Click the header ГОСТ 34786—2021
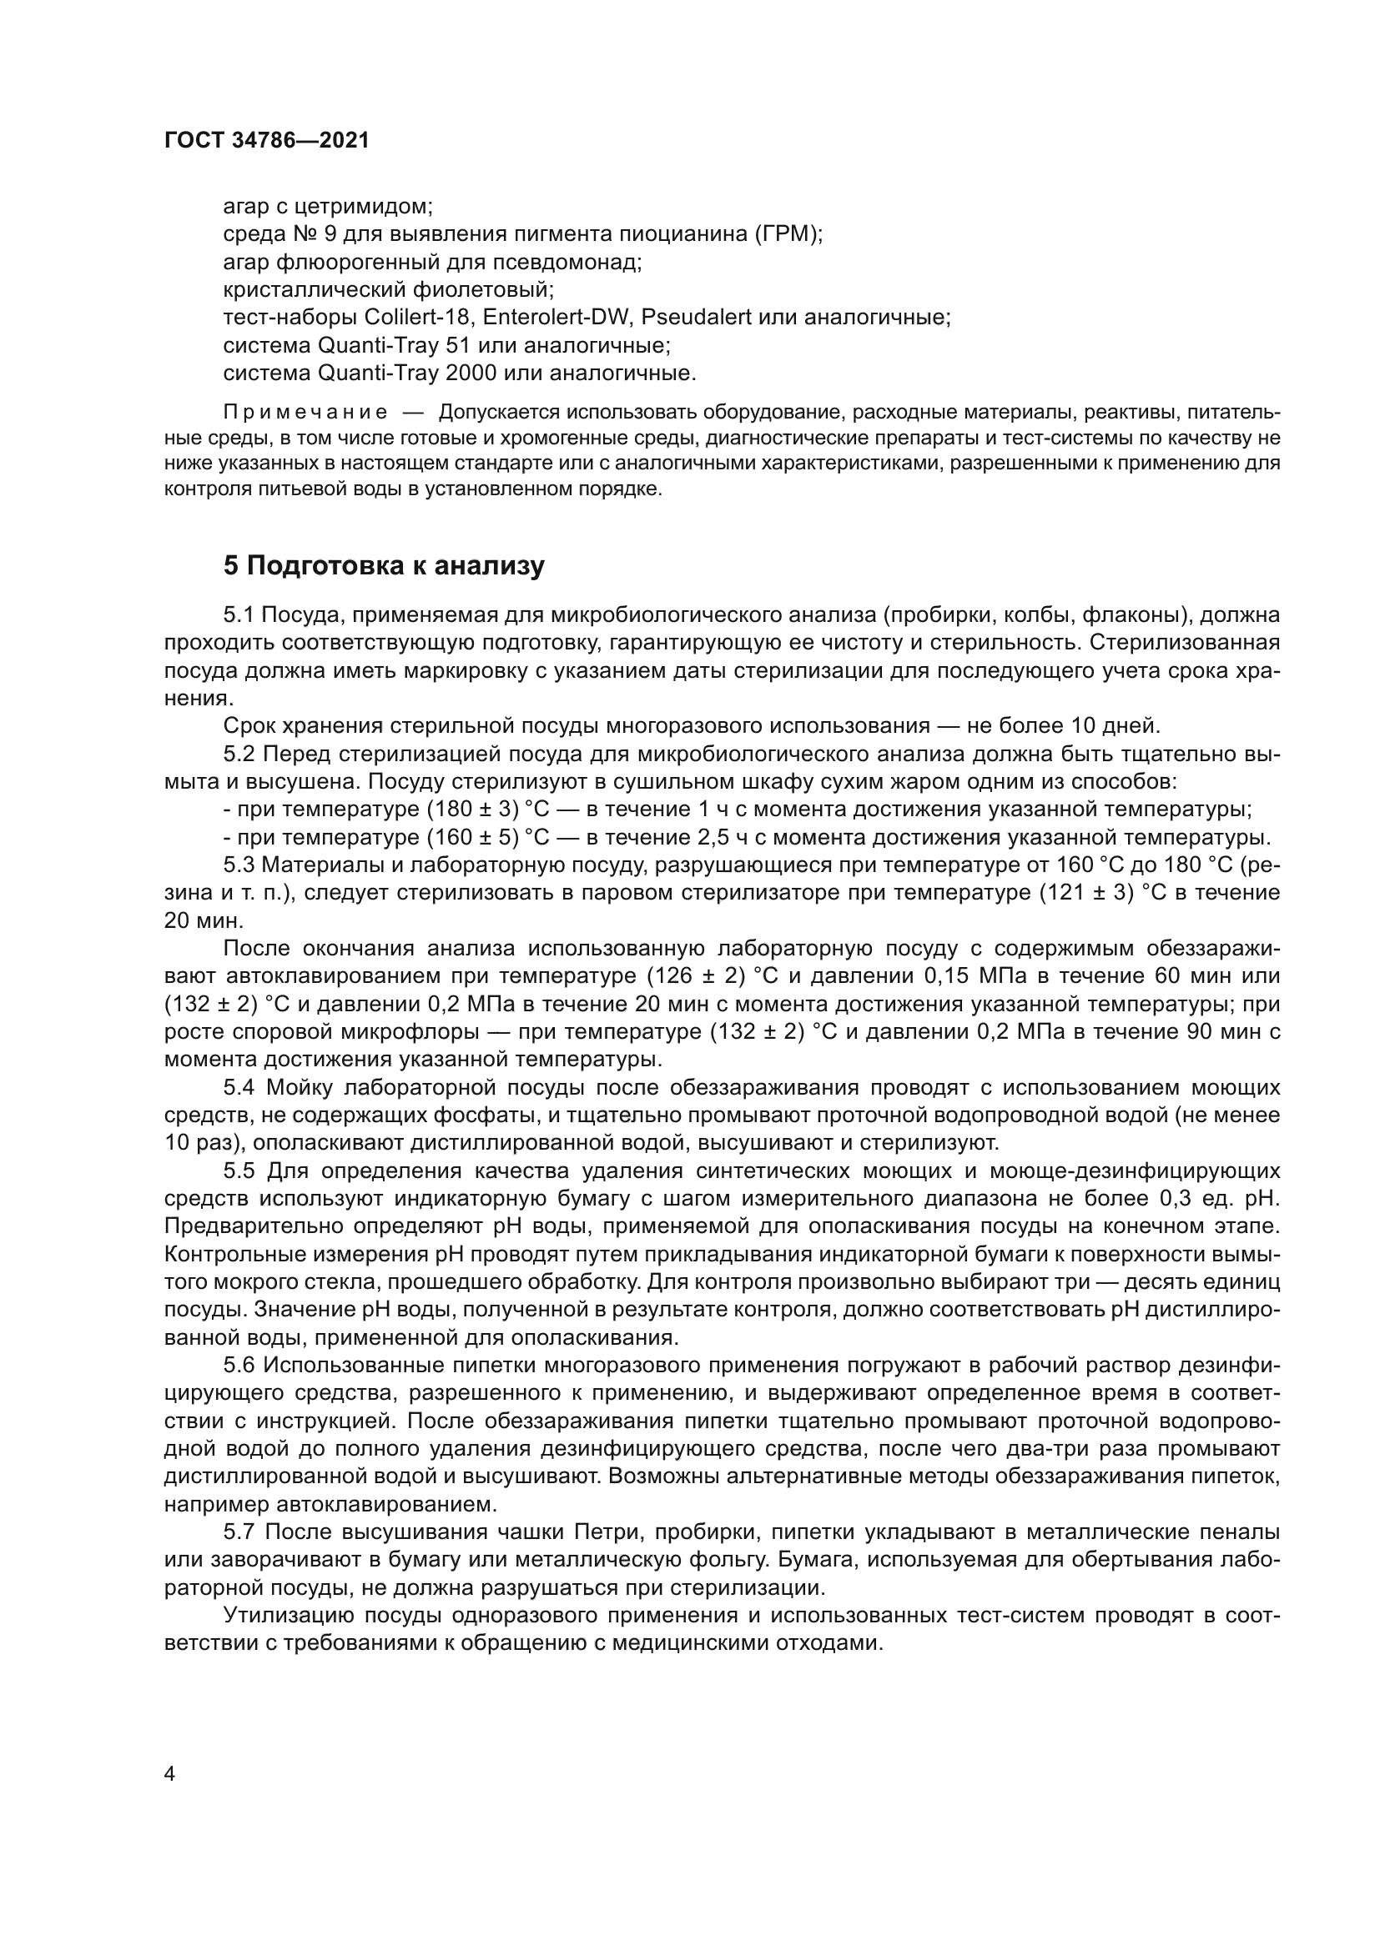tap(267, 141)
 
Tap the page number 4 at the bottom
tap(170, 1774)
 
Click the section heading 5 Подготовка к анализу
tap(383, 565)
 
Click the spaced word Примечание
tap(306, 413)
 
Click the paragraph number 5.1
tap(239, 615)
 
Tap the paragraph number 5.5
tap(240, 1171)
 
